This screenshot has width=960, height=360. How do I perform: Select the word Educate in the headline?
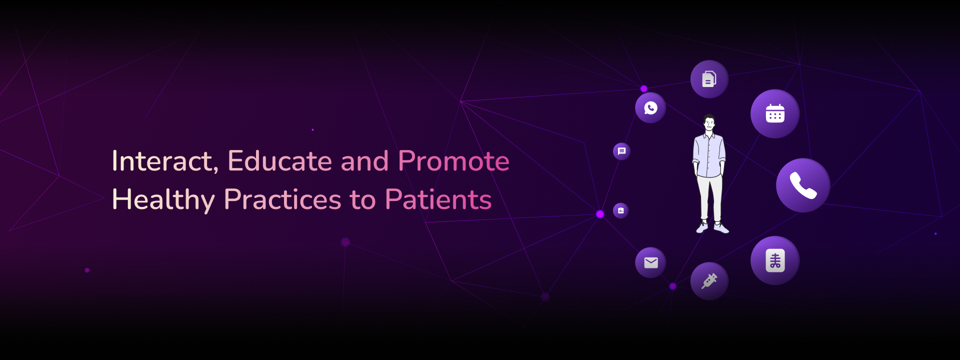280,161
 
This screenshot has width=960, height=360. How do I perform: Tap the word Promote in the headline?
453,161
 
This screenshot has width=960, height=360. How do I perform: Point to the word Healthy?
163,200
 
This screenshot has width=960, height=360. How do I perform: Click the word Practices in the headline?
282,199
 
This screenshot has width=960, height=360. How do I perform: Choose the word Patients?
438,199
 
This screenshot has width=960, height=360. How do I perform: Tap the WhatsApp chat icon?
650,107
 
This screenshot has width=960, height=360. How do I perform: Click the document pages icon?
709,79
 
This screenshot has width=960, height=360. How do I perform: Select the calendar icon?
775,113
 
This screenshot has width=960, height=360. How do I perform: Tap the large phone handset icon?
803,185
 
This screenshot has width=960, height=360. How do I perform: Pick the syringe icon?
709,281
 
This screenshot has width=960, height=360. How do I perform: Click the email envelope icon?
650,262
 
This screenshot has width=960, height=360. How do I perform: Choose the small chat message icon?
621,151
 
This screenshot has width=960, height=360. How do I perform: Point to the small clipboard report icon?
621,210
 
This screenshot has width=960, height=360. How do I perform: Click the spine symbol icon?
775,260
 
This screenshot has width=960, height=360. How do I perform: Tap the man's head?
709,123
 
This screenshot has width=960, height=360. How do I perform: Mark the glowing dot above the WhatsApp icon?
644,89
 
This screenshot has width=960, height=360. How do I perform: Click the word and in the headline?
365,161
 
